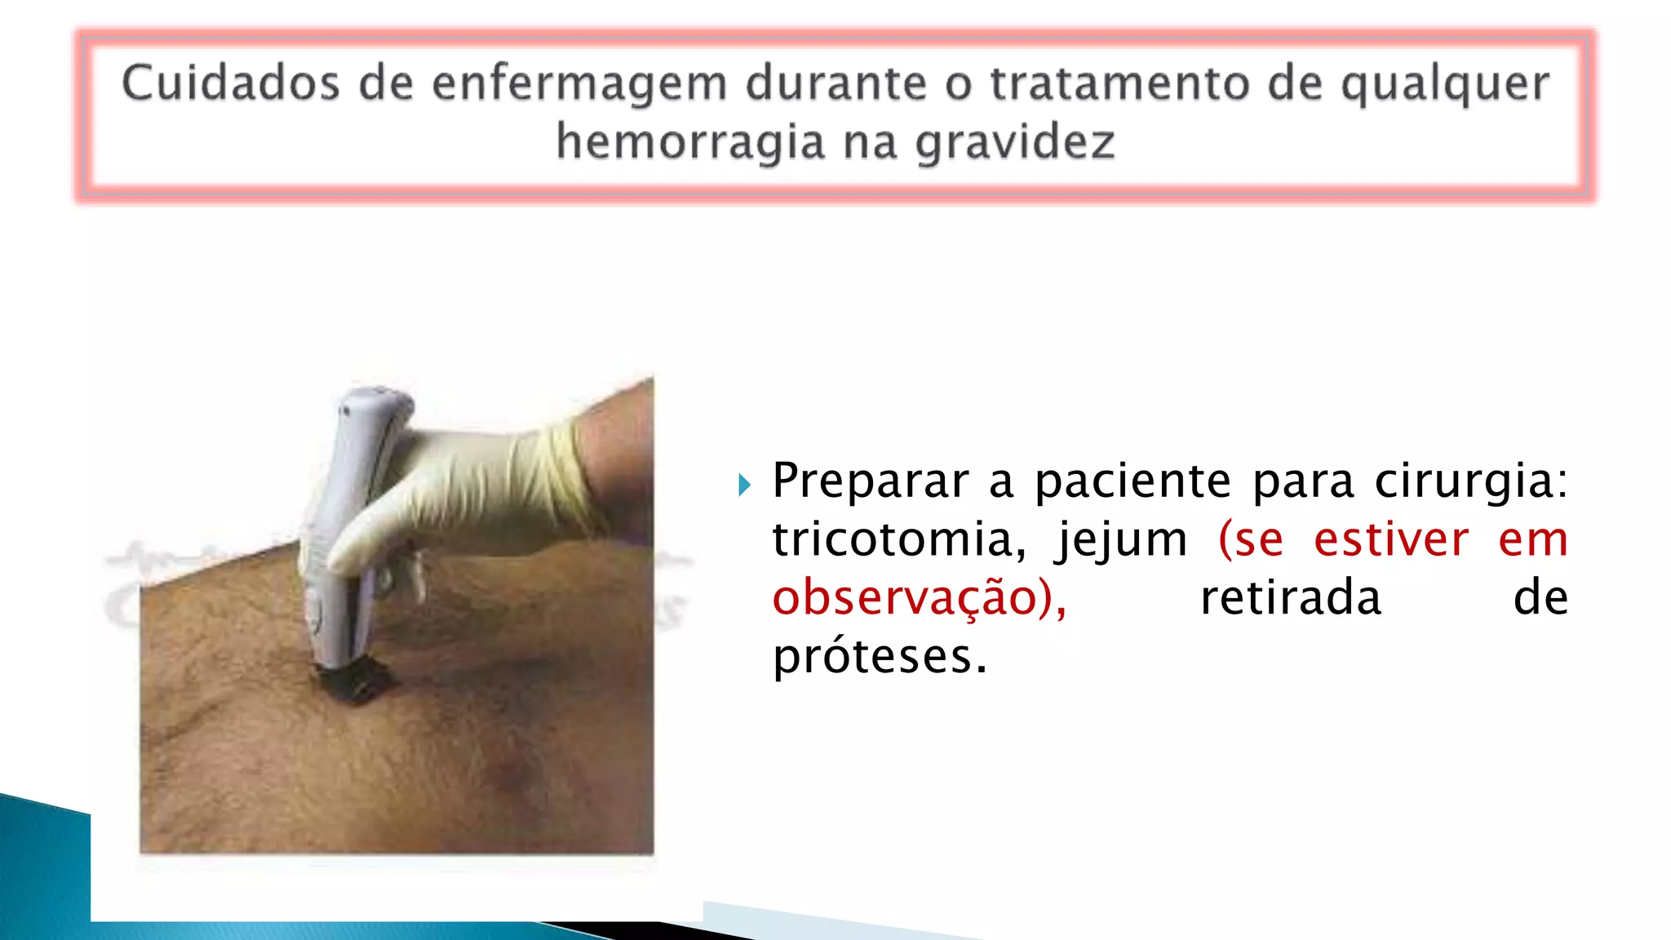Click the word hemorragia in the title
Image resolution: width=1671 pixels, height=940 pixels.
(690, 144)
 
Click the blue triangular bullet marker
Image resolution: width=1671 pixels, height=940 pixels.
(743, 486)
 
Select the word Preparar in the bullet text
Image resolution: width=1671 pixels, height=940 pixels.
(870, 481)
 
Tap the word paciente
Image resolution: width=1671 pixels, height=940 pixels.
(1132, 481)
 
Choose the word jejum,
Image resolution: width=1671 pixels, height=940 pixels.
(1121, 541)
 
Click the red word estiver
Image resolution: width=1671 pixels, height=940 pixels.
(1391, 539)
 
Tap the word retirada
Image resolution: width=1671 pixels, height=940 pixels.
(1291, 598)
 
